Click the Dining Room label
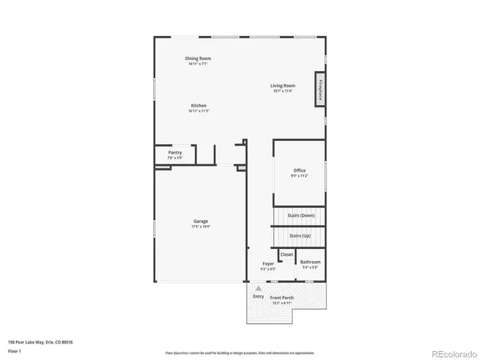click(x=198, y=58)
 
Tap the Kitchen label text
click(x=198, y=106)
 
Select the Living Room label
click(x=283, y=85)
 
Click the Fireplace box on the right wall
click(x=321, y=90)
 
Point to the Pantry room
click(x=175, y=154)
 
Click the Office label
click(x=299, y=170)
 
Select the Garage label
click(x=200, y=221)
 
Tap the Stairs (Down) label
click(x=301, y=216)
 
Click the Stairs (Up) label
click(x=300, y=235)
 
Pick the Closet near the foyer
click(x=286, y=254)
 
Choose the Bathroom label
click(x=310, y=262)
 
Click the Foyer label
click(x=268, y=263)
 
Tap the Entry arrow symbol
click(x=259, y=288)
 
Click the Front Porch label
click(x=282, y=298)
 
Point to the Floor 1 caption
click(x=15, y=350)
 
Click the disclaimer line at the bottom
click(x=239, y=352)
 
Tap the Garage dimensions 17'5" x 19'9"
click(x=200, y=226)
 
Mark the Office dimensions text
click(x=299, y=176)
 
